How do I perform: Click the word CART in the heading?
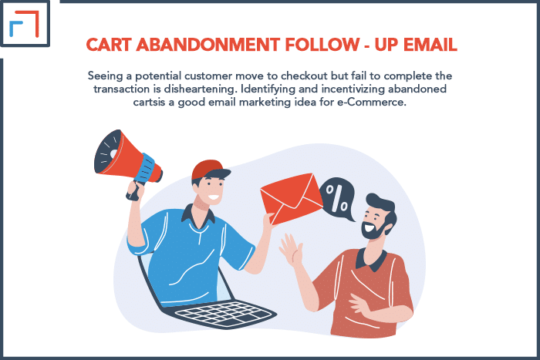109,45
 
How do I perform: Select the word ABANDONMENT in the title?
208,45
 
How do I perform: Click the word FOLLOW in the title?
322,45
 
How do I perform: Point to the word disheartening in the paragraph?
201,89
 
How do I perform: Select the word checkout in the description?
304,76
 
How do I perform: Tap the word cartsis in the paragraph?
150,103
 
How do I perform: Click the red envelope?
292,199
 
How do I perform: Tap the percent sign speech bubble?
338,199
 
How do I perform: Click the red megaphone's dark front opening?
108,152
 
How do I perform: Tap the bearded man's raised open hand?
291,249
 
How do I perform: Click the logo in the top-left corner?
25,23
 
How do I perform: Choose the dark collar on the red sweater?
371,260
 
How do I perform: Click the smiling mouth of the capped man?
214,197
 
